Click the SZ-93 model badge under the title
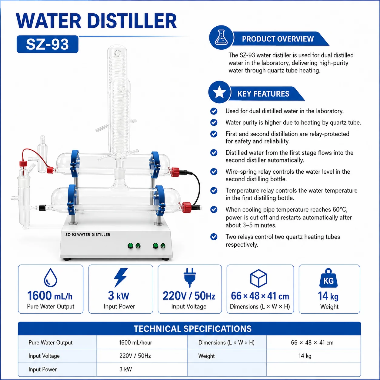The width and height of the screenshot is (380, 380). pyautogui.click(x=47, y=44)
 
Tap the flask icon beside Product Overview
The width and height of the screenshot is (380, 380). pyautogui.click(x=221, y=38)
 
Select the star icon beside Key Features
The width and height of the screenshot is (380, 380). pyautogui.click(x=219, y=92)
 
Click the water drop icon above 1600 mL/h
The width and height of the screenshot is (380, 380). pyautogui.click(x=51, y=278)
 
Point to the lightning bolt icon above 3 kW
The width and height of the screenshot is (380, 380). pyautogui.click(x=121, y=278)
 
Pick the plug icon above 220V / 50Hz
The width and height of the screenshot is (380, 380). pyautogui.click(x=190, y=278)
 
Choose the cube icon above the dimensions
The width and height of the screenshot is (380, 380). pyautogui.click(x=258, y=278)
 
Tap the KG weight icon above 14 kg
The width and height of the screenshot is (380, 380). pyautogui.click(x=328, y=278)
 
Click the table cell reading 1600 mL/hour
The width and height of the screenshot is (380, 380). pyautogui.click(x=135, y=342)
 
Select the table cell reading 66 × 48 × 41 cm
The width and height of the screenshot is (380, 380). pyautogui.click(x=312, y=342)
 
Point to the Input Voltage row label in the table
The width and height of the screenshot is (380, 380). pyautogui.click(x=44, y=356)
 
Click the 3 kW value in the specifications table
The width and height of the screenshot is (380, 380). pyautogui.click(x=126, y=369)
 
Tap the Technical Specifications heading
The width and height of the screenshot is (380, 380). pyautogui.click(x=192, y=329)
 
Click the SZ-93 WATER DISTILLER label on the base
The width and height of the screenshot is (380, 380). pyautogui.click(x=88, y=235)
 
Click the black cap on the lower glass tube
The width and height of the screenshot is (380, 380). pyautogui.click(x=42, y=208)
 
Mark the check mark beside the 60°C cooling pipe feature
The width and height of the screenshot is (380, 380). pyautogui.click(x=214, y=209)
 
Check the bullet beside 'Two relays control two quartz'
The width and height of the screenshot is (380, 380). pyautogui.click(x=214, y=237)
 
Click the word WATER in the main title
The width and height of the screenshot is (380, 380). pyautogui.click(x=48, y=21)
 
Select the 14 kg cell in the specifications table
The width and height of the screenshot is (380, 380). pyautogui.click(x=305, y=356)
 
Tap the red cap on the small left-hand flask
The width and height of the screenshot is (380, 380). pyautogui.click(x=23, y=164)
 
